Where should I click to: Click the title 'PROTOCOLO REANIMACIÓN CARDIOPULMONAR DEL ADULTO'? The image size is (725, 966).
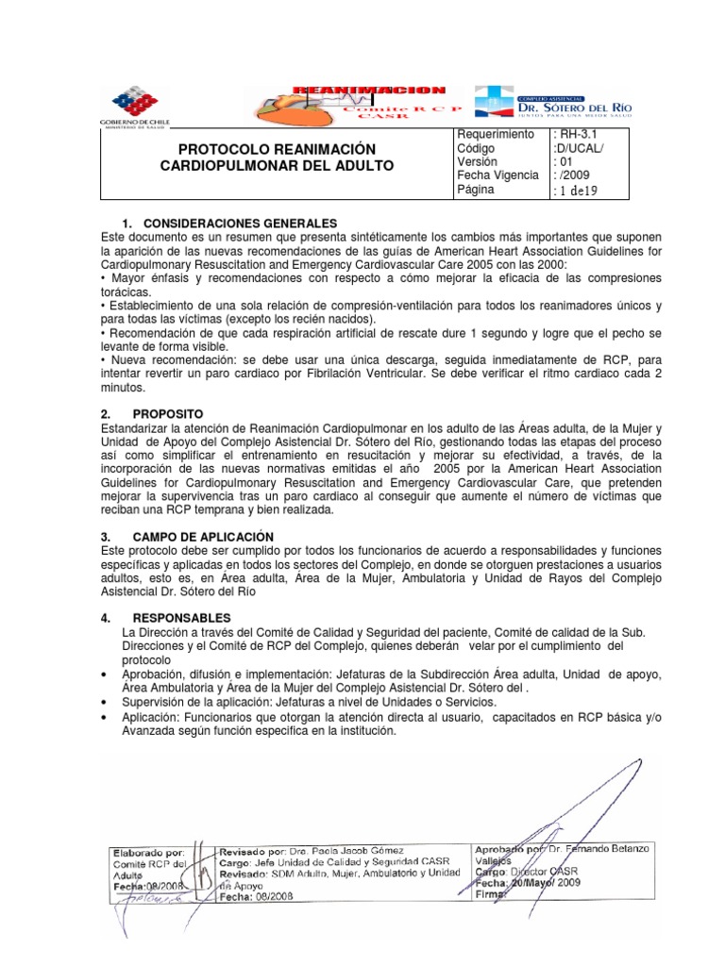pyautogui.click(x=272, y=158)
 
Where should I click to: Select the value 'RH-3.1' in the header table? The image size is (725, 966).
pyautogui.click(x=576, y=135)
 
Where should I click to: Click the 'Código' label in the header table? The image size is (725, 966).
pyautogui.click(x=476, y=148)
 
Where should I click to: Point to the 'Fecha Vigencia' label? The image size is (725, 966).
pyautogui.click(x=497, y=175)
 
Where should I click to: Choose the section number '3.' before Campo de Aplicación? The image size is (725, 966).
pyautogui.click(x=107, y=536)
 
